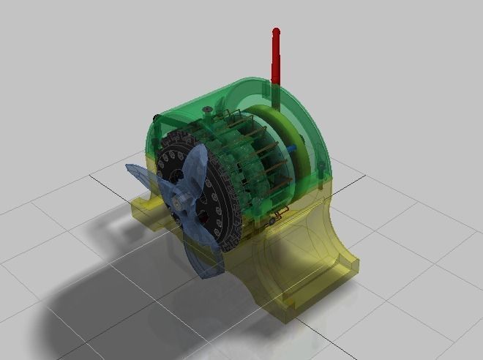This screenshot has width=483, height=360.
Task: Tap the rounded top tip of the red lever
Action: coord(277,31)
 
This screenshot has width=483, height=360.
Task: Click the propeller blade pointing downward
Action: coord(205,256)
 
